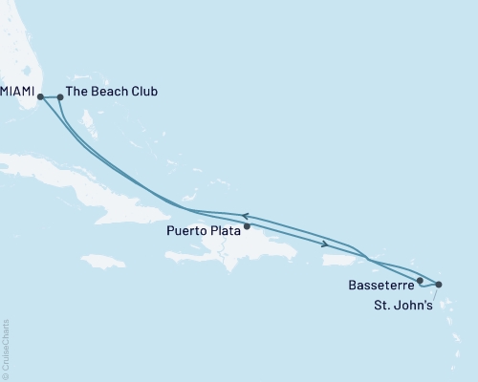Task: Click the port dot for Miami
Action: point(40,95)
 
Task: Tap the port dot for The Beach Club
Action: point(60,96)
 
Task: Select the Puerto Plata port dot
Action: point(248,227)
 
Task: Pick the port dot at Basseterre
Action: point(420,280)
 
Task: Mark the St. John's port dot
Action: point(439,284)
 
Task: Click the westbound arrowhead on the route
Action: point(245,216)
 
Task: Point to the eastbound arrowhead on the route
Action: point(329,244)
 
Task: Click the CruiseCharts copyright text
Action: point(6,348)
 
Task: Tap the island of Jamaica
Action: point(103,261)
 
